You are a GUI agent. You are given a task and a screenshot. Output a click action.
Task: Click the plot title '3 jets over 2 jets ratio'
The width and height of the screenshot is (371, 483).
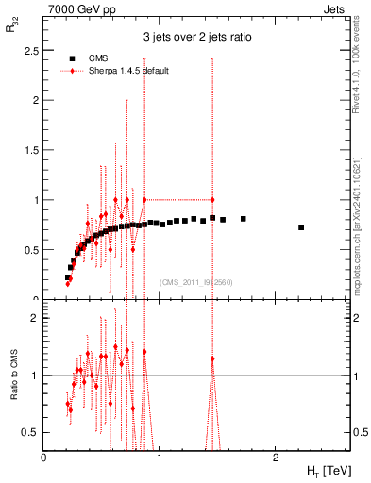[196, 38]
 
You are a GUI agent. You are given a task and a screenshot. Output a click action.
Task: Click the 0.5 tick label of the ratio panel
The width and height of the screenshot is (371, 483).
[32, 432]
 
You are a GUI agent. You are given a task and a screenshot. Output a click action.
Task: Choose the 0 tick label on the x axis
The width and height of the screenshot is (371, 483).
[43, 458]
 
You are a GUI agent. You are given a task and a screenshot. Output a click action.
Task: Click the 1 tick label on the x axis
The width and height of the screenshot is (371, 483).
[160, 458]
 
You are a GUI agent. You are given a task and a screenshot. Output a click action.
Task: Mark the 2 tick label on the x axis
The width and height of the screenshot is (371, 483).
[275, 458]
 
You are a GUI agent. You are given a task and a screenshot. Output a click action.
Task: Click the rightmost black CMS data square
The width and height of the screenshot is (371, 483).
[301, 227]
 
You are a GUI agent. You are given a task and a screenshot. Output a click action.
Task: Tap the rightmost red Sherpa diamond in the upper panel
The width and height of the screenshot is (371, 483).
[212, 200]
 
